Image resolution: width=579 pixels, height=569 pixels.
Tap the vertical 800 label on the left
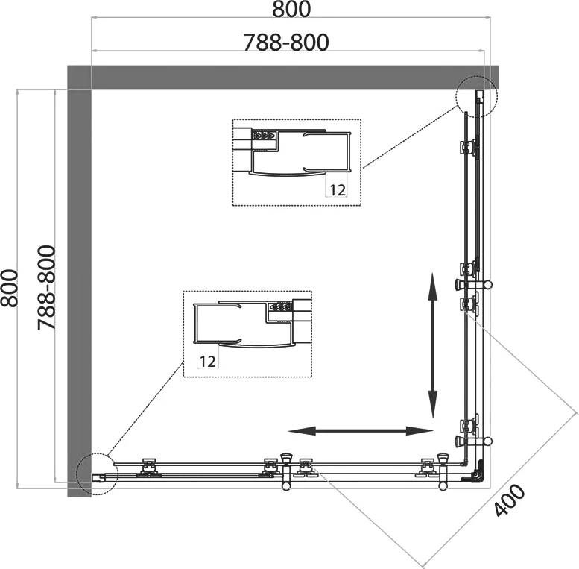point(10,287)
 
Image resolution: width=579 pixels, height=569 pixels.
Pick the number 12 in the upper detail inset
point(337,189)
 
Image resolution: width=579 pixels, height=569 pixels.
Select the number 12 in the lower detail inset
point(207,361)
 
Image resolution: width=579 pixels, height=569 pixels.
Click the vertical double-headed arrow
point(432,348)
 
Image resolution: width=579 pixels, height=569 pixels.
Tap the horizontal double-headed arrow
point(360,430)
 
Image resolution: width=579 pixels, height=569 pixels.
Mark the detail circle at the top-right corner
point(475,95)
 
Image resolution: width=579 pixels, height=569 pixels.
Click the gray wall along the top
point(283,77)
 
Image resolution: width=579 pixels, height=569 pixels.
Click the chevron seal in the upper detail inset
point(263,136)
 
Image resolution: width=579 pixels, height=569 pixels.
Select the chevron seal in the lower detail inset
point(280,306)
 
